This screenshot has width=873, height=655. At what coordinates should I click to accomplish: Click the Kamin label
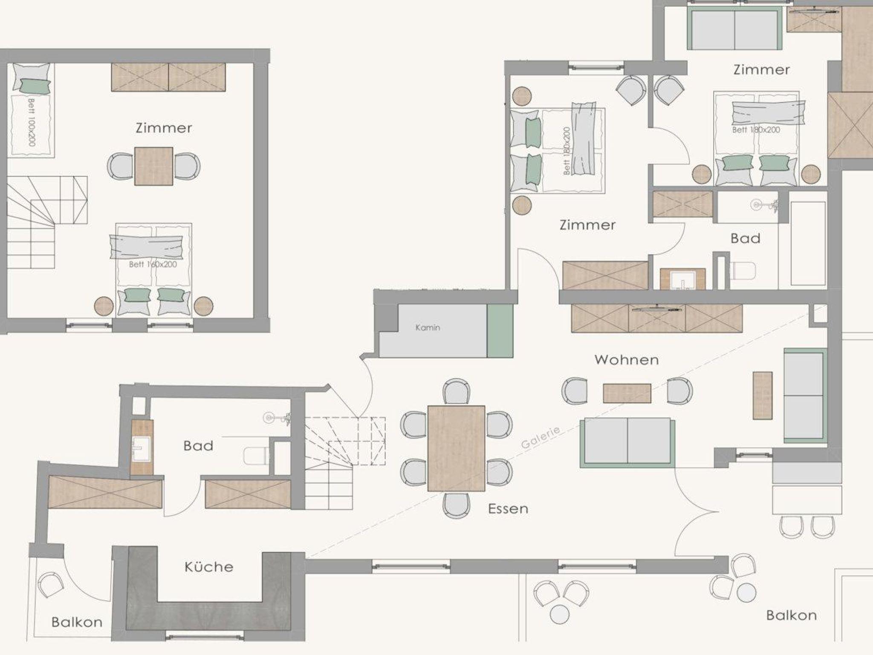tap(428, 327)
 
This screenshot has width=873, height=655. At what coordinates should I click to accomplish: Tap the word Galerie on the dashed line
tap(541, 438)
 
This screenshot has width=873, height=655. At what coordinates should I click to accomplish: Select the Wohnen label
tap(627, 360)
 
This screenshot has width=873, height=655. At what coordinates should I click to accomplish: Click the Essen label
tap(508, 508)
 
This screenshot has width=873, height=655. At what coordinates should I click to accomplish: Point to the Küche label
tap(209, 567)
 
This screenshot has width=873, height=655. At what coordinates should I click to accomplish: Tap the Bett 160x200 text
tap(153, 264)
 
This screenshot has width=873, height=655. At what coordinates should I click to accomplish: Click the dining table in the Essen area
tap(457, 448)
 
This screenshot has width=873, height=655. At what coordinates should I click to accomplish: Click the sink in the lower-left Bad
tap(142, 448)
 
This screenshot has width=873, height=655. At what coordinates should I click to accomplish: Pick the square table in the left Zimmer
tap(154, 166)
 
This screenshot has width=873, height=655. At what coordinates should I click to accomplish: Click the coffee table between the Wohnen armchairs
tap(627, 393)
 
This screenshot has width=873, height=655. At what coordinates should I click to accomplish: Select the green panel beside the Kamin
tap(500, 331)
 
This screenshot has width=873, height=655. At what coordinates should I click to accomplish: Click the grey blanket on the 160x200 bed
tap(147, 247)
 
